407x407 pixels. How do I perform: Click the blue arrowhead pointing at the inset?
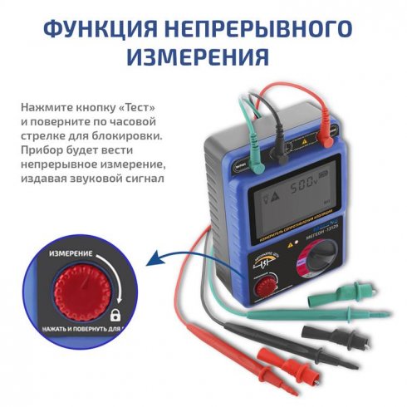(x=152, y=265)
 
